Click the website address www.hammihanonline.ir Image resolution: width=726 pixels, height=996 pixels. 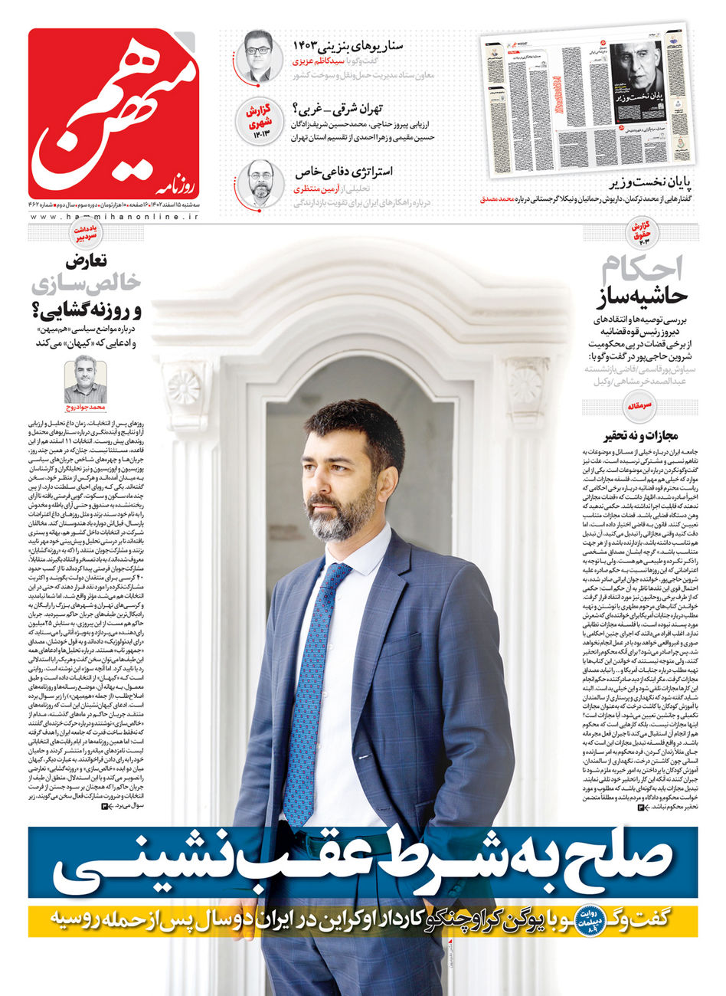[113, 217]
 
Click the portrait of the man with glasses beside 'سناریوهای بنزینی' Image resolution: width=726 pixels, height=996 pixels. [259, 55]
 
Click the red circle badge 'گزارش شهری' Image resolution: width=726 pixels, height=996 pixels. [259, 120]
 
